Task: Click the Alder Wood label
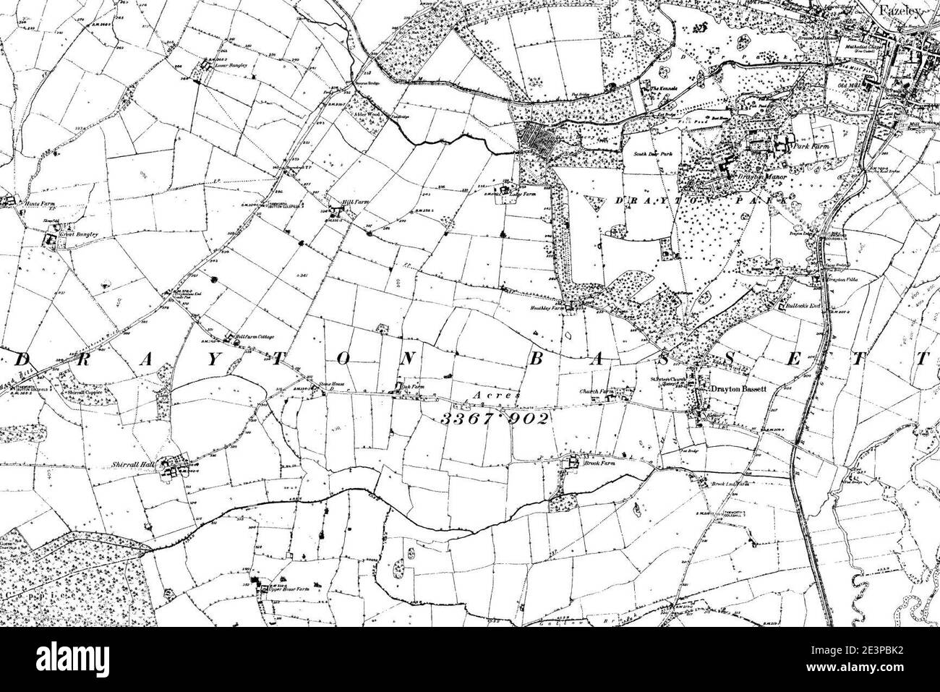coord(366,114)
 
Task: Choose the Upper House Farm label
coord(289,590)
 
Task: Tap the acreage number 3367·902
coord(494,419)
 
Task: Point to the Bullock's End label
coord(800,306)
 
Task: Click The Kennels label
coord(664,89)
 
